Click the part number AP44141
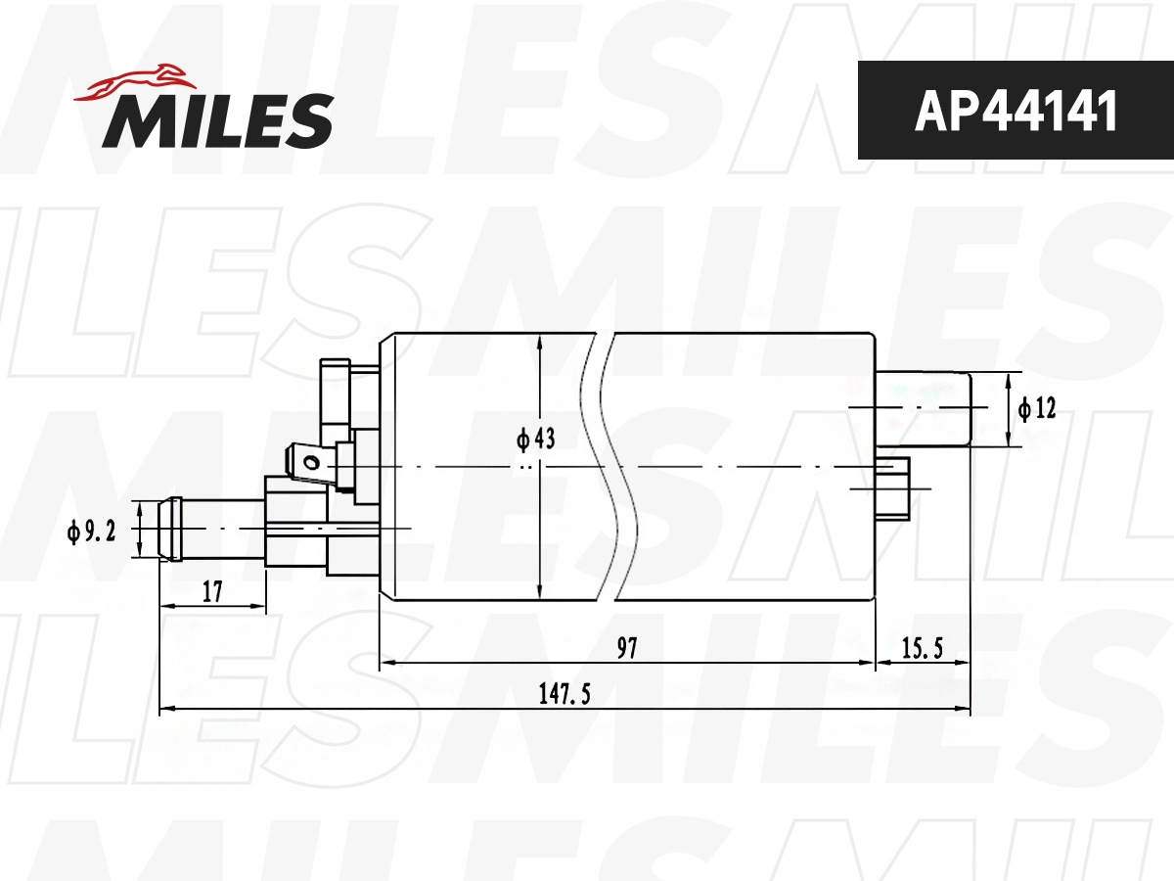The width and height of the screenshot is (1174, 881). (x=1015, y=112)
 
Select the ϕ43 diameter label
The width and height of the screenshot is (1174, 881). (x=535, y=440)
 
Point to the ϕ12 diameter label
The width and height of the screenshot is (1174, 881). (x=1037, y=408)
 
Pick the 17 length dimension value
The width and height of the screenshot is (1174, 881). (x=212, y=590)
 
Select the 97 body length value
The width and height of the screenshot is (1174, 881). (x=626, y=647)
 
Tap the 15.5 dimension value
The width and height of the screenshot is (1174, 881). (x=922, y=647)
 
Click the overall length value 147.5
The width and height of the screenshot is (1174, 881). (x=564, y=693)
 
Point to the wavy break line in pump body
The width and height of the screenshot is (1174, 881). (x=616, y=466)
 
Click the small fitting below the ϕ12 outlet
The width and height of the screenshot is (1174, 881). (x=892, y=487)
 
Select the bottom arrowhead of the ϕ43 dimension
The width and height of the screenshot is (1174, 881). (x=540, y=591)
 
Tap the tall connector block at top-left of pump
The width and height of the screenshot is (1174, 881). (x=335, y=401)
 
